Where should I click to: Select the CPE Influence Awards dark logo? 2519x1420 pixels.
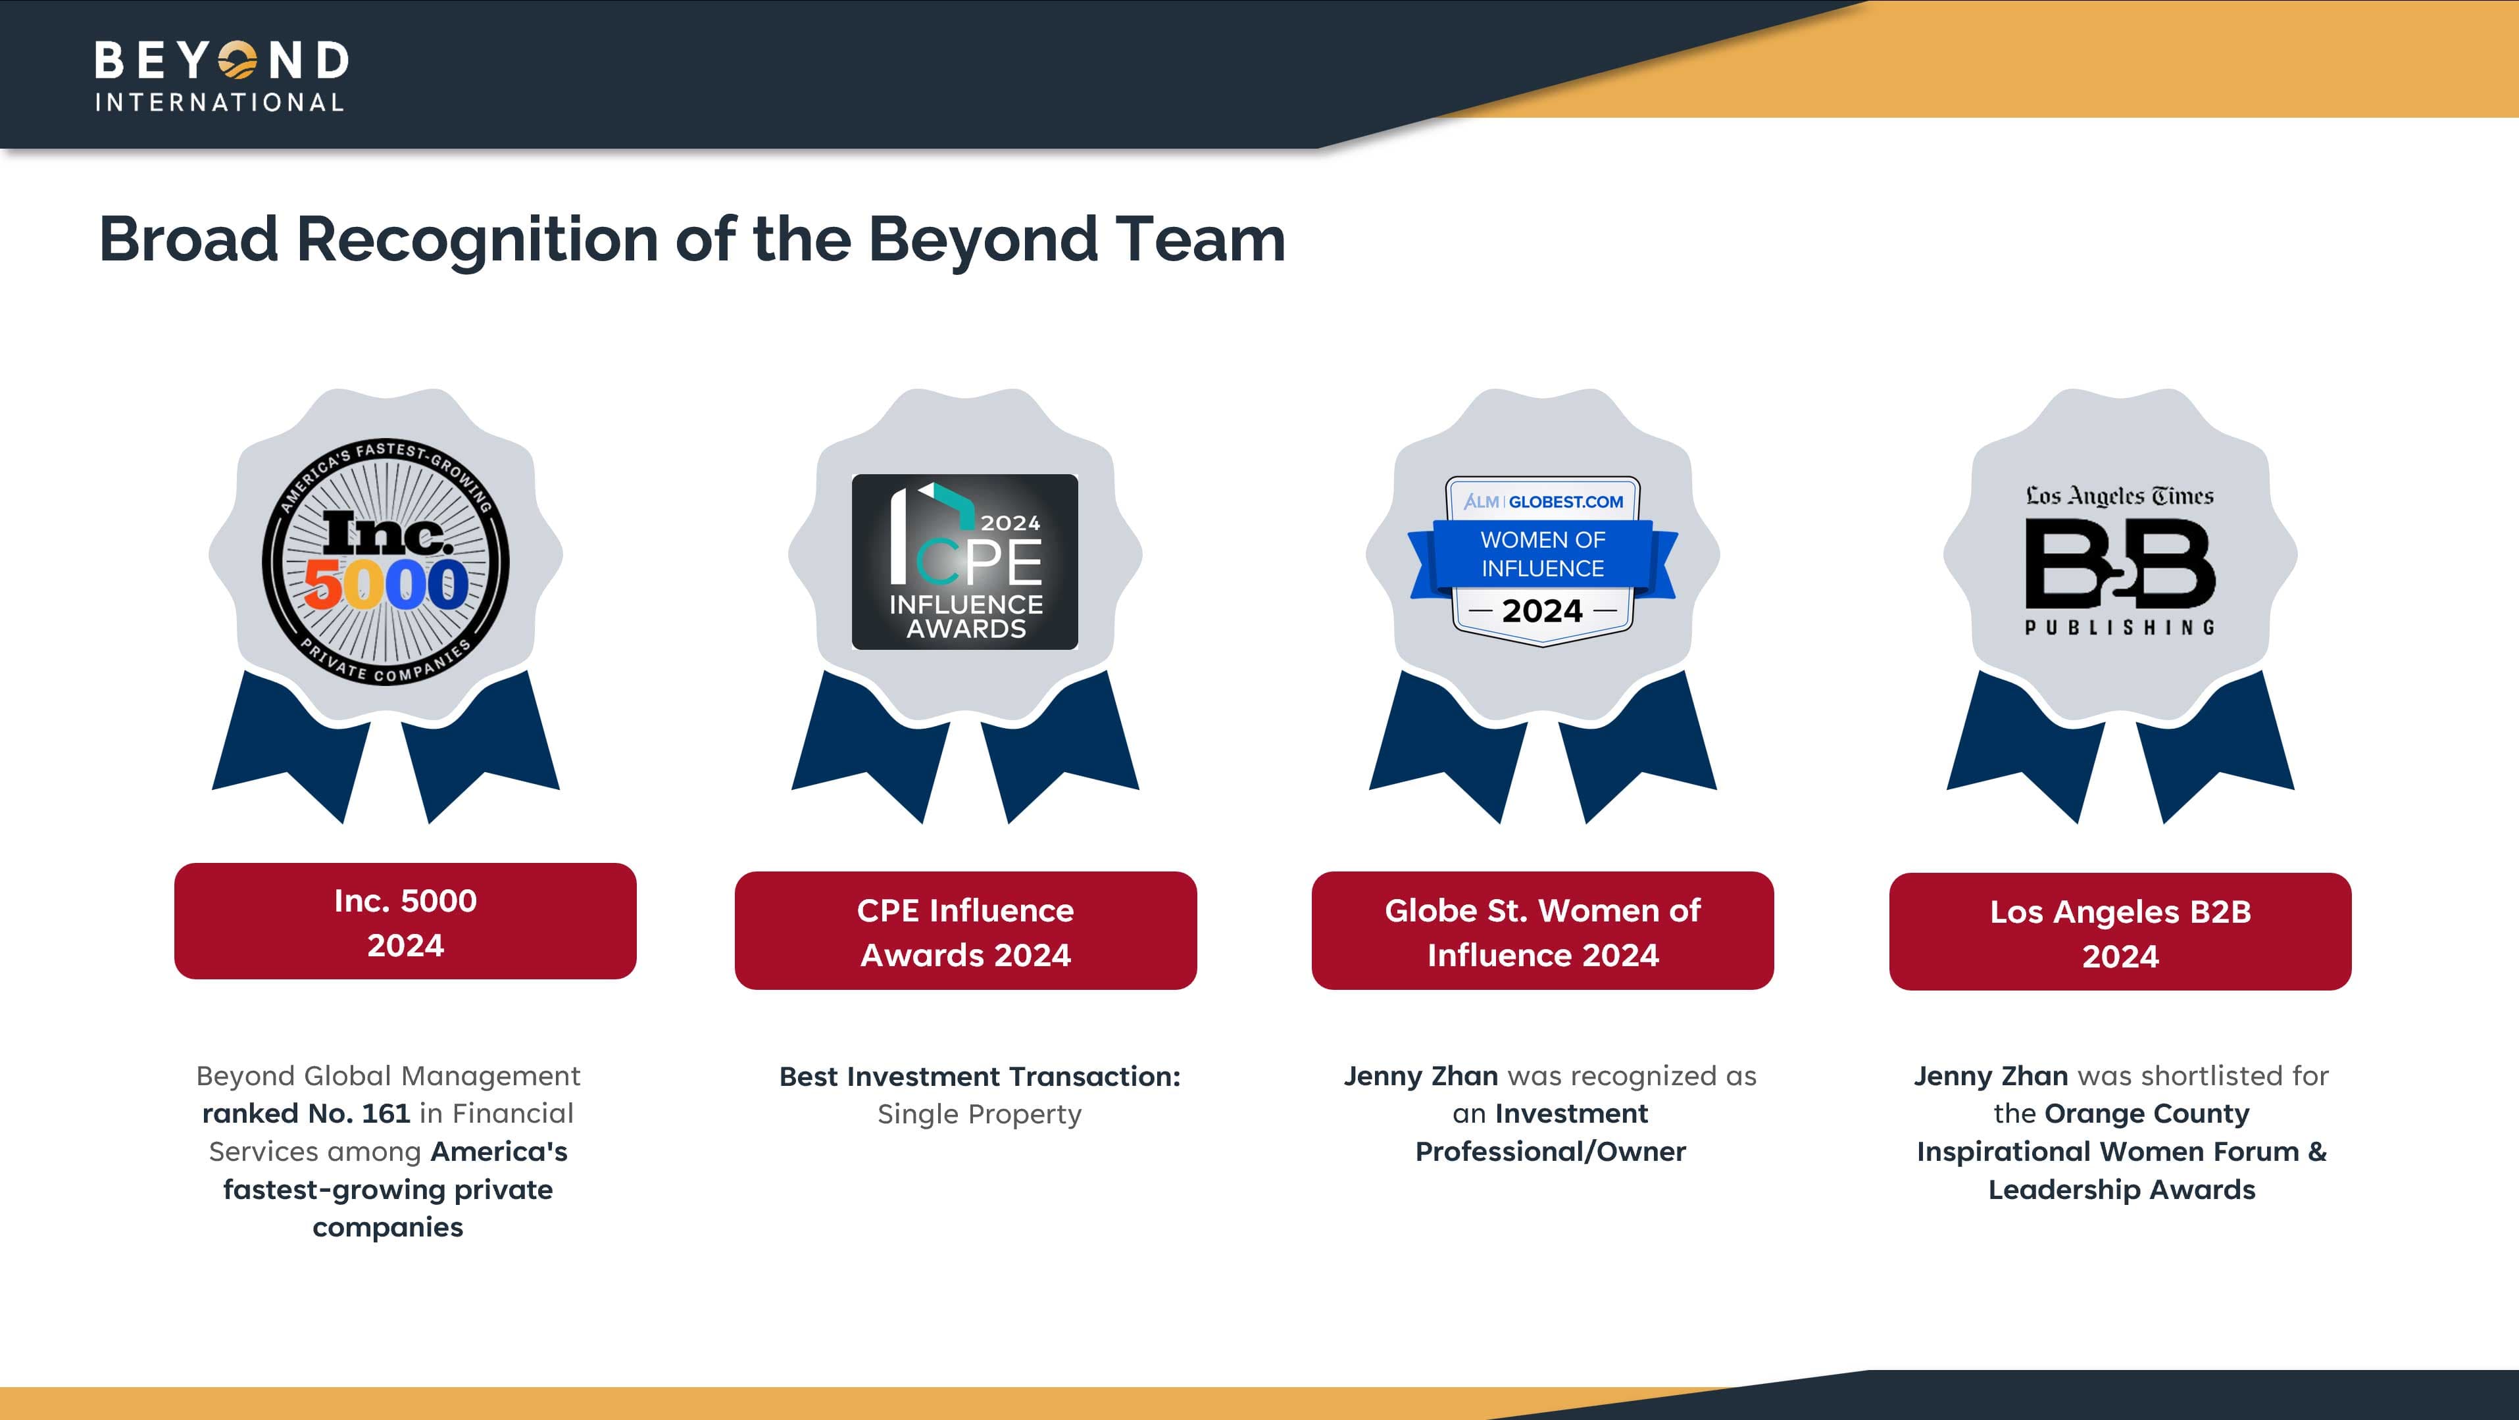[x=965, y=562]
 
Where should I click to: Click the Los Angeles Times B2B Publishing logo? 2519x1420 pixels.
[x=2120, y=560]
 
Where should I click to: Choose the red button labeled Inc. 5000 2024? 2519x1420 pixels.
[x=405, y=921]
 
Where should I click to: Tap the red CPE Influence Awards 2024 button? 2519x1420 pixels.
[x=965, y=931]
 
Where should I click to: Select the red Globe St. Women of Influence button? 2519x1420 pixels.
[x=1542, y=931]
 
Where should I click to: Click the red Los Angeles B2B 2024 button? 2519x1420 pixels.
[x=2120, y=932]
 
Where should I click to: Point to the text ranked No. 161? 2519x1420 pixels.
[x=306, y=1114]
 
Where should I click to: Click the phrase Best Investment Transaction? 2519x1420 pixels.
[x=980, y=1077]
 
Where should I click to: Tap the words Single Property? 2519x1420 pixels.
[x=980, y=1115]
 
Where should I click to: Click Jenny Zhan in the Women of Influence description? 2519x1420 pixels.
[x=1421, y=1076]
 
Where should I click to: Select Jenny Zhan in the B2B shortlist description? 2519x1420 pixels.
[x=1991, y=1076]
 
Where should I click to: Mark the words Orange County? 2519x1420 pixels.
[x=2147, y=1114]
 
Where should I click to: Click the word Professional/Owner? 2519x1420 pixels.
[x=1551, y=1152]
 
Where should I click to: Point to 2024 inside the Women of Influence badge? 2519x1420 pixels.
[x=1542, y=611]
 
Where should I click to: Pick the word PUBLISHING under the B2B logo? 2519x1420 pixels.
[x=2120, y=627]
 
